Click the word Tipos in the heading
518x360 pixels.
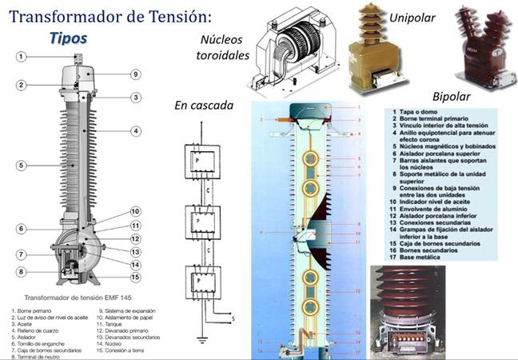(x=67, y=37)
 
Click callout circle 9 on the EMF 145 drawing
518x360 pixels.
(x=135, y=74)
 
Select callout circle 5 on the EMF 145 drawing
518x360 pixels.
(x=22, y=165)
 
